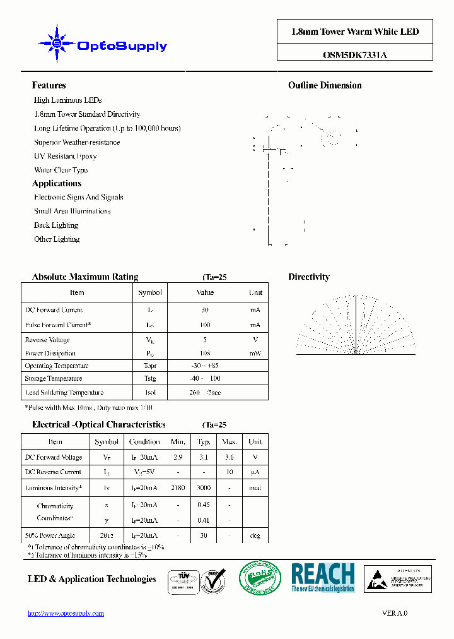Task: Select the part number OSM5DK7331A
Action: coord(354,54)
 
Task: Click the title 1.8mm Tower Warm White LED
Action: coord(354,32)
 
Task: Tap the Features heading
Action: coord(49,85)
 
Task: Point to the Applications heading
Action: coord(57,184)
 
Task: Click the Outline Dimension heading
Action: coord(325,85)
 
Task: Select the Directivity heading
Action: coord(309,277)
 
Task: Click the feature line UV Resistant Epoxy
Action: coord(65,156)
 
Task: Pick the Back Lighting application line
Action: coord(56,225)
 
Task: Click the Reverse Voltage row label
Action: coord(47,340)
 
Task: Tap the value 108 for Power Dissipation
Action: coord(205,354)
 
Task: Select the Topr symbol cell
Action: coord(149,366)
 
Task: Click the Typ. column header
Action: coord(204,442)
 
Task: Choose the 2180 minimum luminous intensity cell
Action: coord(178,488)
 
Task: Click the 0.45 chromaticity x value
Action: coord(204,505)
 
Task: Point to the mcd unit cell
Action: coord(255,488)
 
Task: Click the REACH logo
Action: coord(323,578)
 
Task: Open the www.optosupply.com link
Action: coord(66,613)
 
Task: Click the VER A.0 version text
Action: coord(395,613)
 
